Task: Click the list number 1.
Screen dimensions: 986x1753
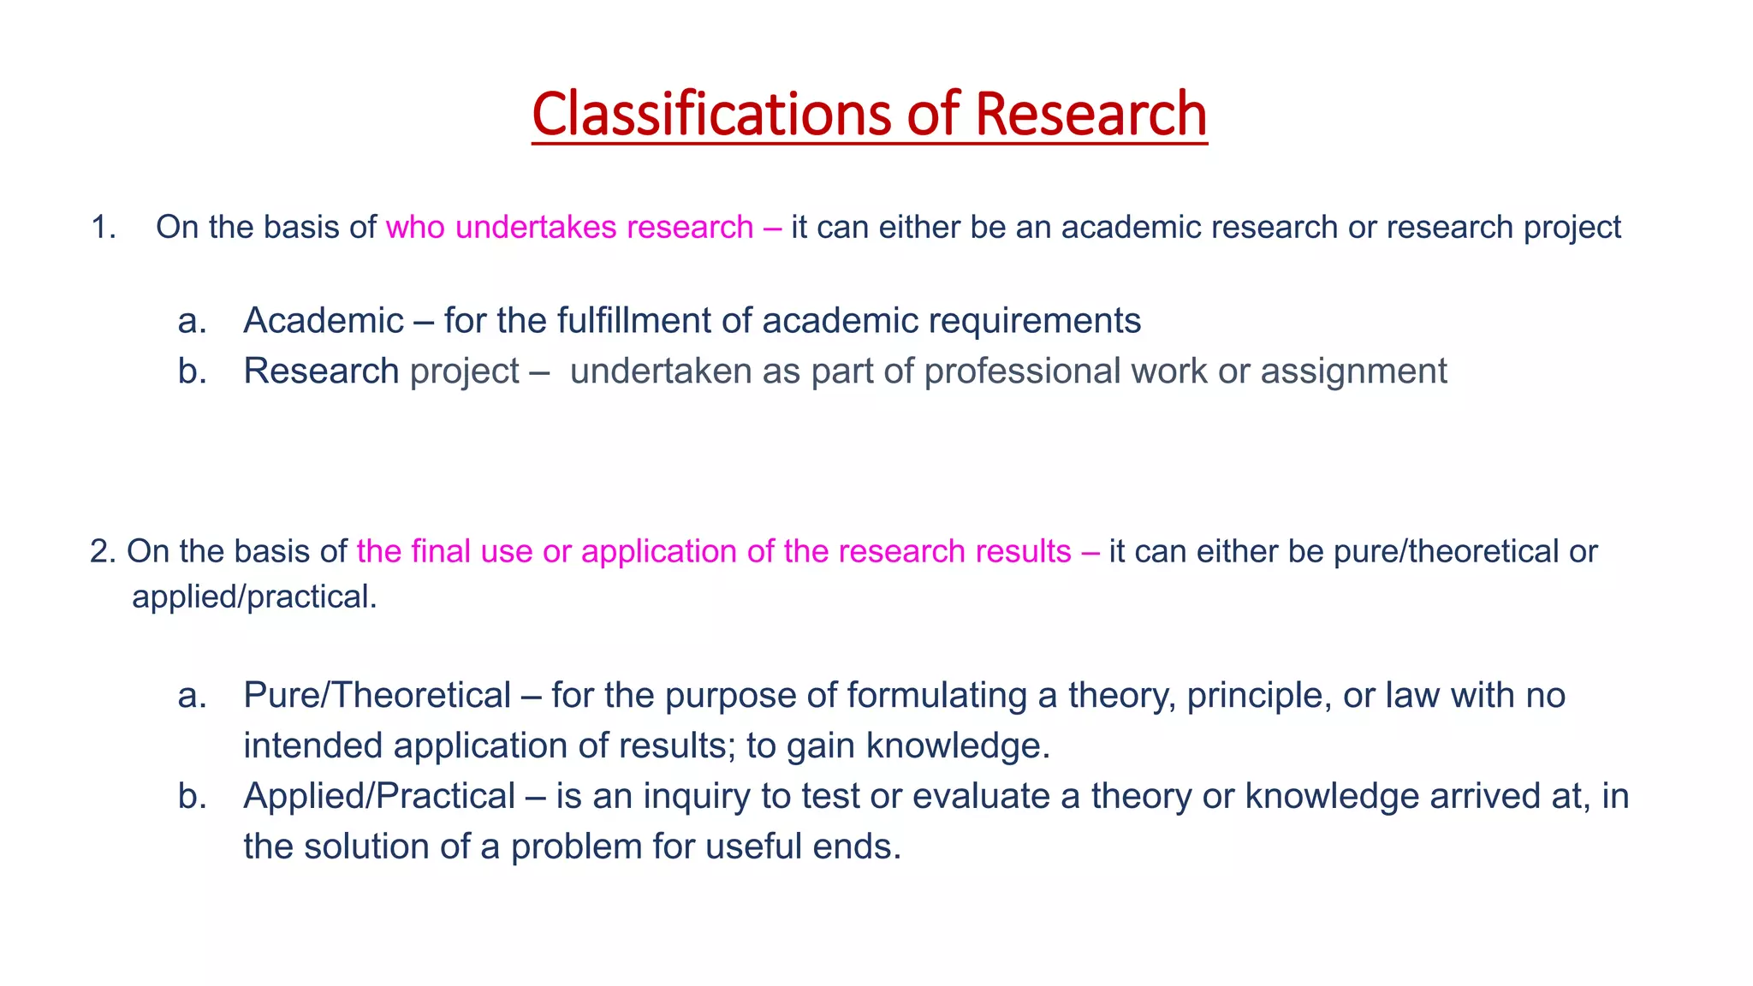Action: tap(103, 228)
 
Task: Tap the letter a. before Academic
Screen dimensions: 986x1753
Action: tap(193, 321)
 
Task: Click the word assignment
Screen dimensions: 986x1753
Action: tap(1353, 371)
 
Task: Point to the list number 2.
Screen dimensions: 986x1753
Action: tap(102, 552)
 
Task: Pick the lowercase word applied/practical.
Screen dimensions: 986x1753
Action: tap(254, 597)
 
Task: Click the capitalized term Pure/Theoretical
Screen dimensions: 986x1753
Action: tap(377, 696)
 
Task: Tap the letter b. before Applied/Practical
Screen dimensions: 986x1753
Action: tap(193, 797)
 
